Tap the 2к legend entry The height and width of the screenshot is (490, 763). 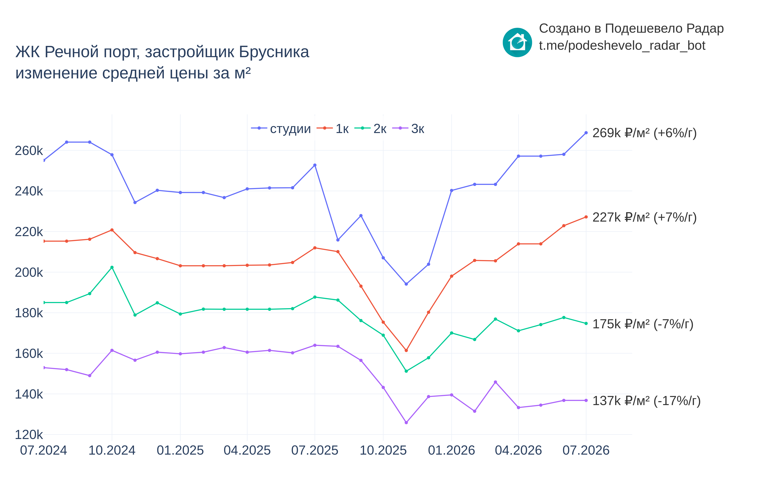coord(370,128)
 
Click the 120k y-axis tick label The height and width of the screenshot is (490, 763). coord(29,435)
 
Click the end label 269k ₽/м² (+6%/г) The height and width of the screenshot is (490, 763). coord(644,133)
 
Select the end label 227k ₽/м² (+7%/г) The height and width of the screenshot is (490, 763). coord(644,217)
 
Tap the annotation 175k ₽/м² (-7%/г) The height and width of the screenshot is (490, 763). coord(643,324)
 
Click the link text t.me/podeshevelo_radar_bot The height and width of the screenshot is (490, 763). coord(622,46)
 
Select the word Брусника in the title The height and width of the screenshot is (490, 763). coord(274,52)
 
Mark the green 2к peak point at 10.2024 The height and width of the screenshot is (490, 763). coord(112,267)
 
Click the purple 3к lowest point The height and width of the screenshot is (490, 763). coord(406,422)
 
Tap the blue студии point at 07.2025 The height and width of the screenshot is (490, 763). coord(315,165)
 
